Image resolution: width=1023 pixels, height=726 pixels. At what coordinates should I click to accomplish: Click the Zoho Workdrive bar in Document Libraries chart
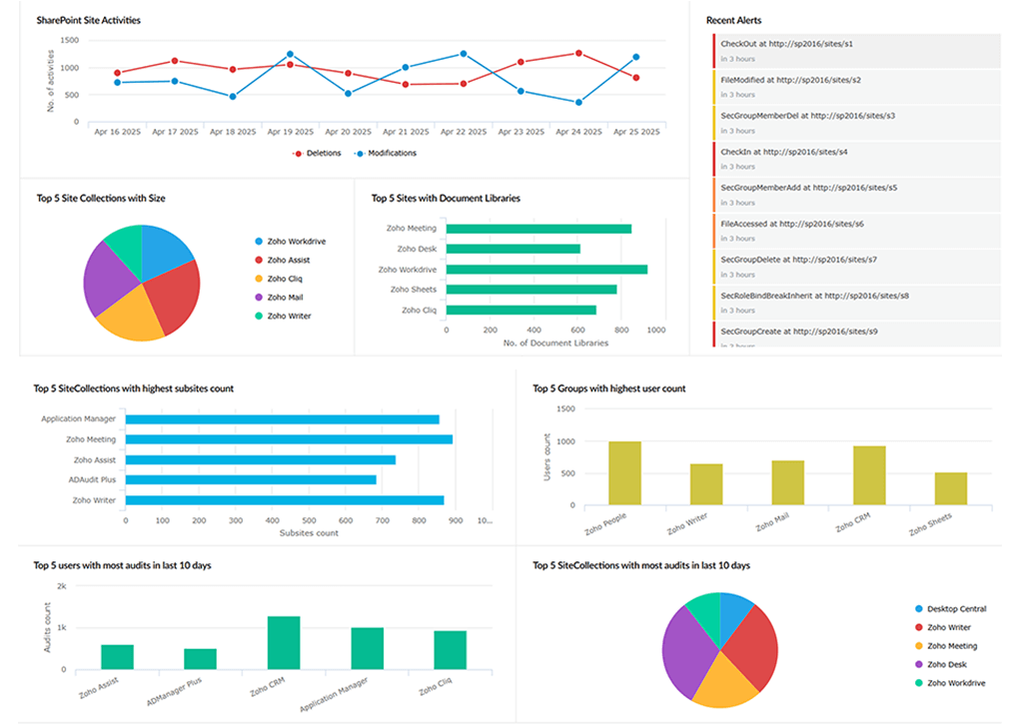pos(546,270)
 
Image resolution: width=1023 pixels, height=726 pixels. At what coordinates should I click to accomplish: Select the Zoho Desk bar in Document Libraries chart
pos(512,249)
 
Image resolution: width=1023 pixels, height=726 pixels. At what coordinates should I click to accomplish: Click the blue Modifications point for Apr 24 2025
pos(578,102)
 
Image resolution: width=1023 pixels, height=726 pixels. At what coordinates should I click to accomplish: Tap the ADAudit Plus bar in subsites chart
pos(251,479)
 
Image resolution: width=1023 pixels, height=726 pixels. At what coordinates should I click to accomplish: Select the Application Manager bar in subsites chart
pos(282,419)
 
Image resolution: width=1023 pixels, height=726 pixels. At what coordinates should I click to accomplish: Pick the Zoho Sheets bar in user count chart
pos(950,488)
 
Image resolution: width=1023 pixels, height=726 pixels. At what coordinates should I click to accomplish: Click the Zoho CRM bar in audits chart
pos(284,642)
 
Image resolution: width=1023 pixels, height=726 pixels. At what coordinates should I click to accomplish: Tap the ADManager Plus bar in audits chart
pos(200,658)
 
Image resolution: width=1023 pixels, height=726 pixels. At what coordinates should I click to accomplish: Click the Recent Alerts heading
pos(735,20)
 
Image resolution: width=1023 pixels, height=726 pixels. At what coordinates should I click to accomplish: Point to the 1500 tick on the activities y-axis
pos(70,41)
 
